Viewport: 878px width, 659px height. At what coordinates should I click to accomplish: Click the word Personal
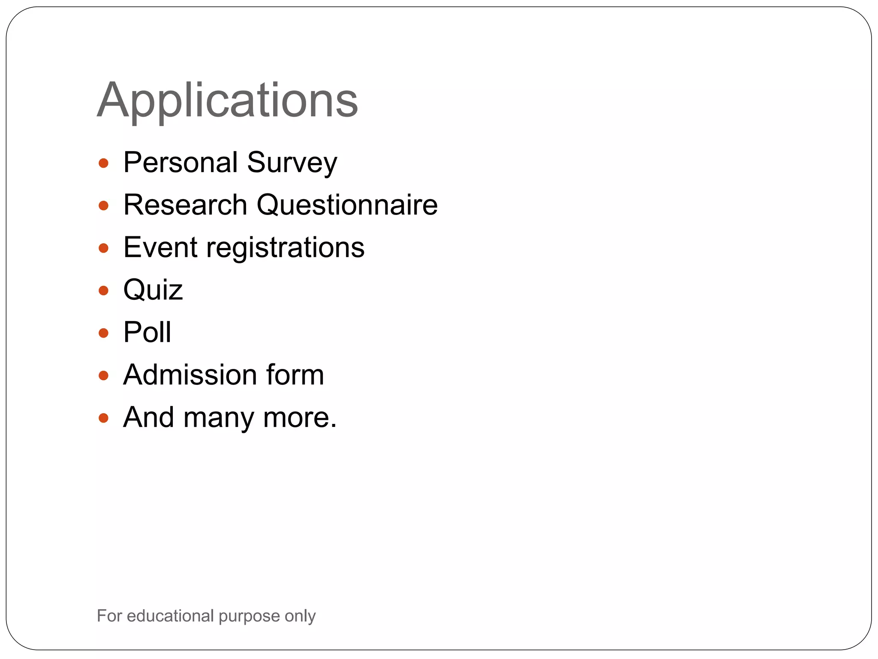pyautogui.click(x=180, y=163)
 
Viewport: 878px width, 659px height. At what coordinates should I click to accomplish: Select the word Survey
pyautogui.click(x=292, y=163)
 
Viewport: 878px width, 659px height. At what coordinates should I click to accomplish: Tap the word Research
pyautogui.click(x=185, y=205)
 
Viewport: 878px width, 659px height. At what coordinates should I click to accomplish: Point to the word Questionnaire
pyautogui.click(x=347, y=205)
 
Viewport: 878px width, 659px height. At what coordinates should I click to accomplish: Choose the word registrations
pyautogui.click(x=286, y=248)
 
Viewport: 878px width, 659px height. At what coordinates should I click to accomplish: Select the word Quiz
pyautogui.click(x=153, y=290)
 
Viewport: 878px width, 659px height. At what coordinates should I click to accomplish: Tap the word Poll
pyautogui.click(x=147, y=332)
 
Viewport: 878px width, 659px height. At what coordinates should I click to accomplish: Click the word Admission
pyautogui.click(x=190, y=375)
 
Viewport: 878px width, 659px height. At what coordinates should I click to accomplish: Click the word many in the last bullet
pyautogui.click(x=219, y=418)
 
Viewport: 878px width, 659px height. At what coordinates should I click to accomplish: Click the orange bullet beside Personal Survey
pyautogui.click(x=103, y=163)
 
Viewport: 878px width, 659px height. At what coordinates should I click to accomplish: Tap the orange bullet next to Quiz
pyautogui.click(x=103, y=291)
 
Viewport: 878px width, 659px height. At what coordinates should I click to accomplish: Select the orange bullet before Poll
pyautogui.click(x=103, y=333)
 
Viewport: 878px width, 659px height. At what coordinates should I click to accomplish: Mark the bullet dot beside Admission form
pyautogui.click(x=103, y=376)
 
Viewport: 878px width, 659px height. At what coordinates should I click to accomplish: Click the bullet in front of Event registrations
pyautogui.click(x=103, y=248)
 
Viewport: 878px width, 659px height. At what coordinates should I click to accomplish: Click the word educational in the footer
pyautogui.click(x=170, y=616)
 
